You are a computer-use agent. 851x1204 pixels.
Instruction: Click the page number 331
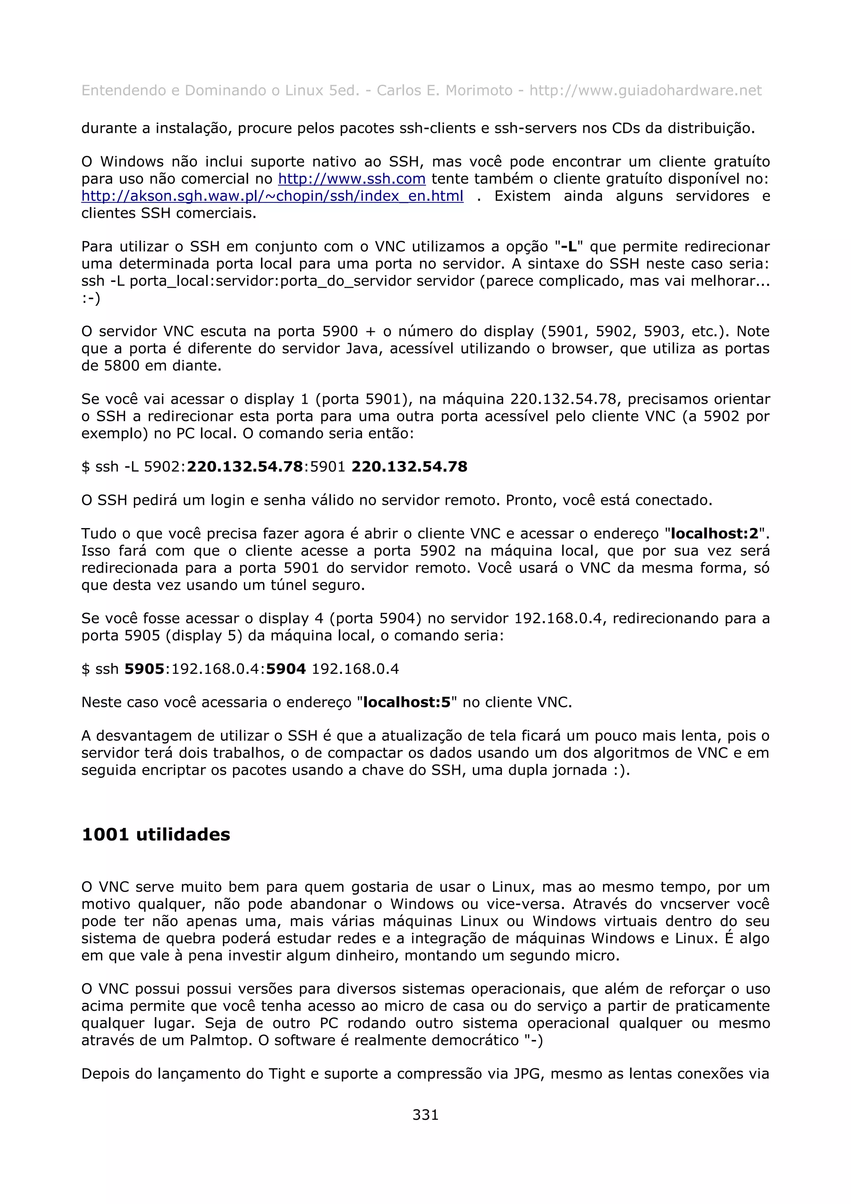(x=425, y=1114)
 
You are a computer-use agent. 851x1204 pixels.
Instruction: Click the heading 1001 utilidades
(x=156, y=834)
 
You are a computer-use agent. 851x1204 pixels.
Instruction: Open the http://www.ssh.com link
(x=351, y=179)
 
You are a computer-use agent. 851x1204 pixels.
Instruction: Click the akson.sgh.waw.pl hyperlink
(x=272, y=196)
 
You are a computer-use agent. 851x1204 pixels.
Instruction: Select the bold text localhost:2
(x=715, y=534)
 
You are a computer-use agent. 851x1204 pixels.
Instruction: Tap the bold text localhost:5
(x=407, y=702)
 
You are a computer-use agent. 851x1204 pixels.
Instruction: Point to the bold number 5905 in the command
(x=144, y=669)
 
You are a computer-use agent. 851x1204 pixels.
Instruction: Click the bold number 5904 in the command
(x=286, y=669)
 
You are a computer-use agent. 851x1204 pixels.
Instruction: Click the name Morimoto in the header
(x=478, y=91)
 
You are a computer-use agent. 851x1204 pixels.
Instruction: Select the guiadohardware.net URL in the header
(x=645, y=91)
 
